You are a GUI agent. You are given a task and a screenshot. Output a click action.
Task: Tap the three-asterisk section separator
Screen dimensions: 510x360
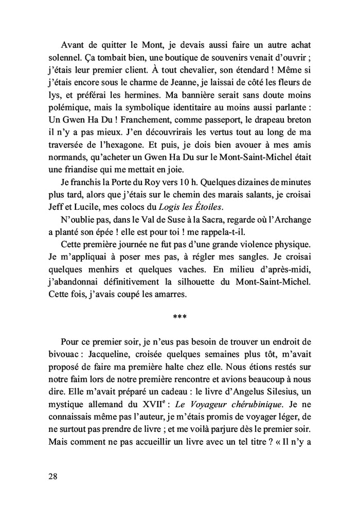click(179, 317)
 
